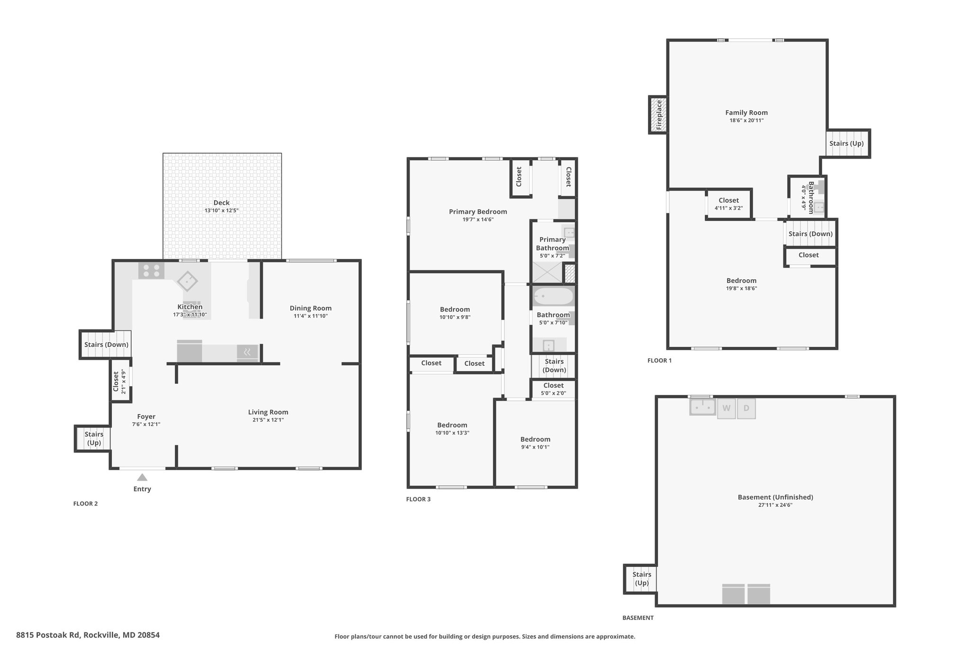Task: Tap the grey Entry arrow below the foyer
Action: coord(142,478)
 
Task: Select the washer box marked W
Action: coord(727,409)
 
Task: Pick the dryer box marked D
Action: coord(746,409)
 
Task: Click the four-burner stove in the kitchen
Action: coord(152,271)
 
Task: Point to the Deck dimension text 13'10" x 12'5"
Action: coord(222,211)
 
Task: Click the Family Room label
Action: coord(746,113)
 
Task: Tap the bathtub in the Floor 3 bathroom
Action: coord(554,297)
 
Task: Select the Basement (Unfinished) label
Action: coord(775,497)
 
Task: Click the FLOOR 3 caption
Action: coord(418,499)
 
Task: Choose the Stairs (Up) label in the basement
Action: coord(642,579)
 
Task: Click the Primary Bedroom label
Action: coord(478,212)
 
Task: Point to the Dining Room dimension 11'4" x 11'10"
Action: coord(311,316)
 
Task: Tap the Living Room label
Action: coord(268,412)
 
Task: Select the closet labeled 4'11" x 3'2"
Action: coord(728,204)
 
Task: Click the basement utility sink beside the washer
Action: coord(702,407)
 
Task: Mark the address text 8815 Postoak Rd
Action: coord(48,635)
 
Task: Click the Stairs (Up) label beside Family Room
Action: coord(846,143)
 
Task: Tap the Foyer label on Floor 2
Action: coord(146,417)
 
